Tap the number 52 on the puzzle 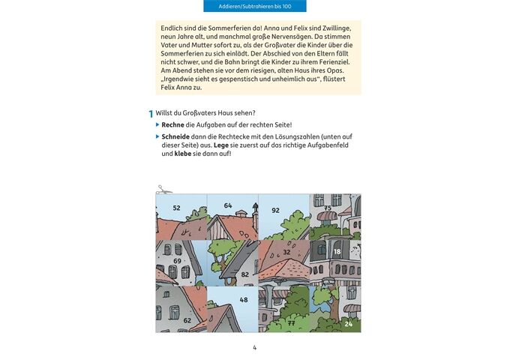pos(177,208)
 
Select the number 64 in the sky pos(228,205)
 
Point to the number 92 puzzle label pos(275,211)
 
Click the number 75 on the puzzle pos(328,208)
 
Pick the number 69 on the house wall pos(178,260)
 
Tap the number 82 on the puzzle pos(244,274)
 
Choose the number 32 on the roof pos(286,252)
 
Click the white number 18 pos(337,252)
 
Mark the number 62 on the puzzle pos(187,319)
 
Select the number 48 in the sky pos(243,300)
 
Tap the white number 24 pos(348,324)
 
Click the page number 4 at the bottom pos(255,347)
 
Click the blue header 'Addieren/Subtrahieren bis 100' pos(255,6)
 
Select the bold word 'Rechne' pos(176,124)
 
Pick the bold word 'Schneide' pos(179,136)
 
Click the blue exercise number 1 pos(151,113)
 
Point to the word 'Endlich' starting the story pos(174,28)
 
